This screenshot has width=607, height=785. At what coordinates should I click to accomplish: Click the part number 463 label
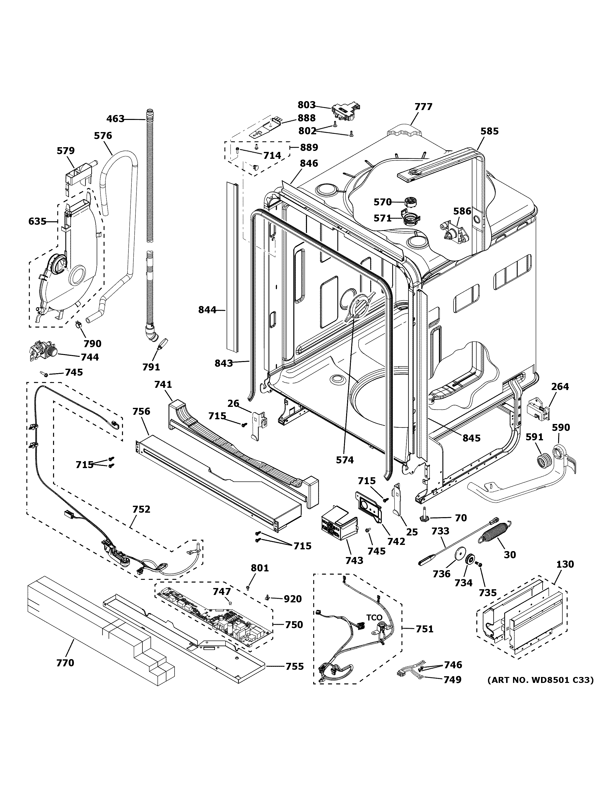pos(115,119)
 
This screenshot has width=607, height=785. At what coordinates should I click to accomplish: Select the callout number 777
pos(423,107)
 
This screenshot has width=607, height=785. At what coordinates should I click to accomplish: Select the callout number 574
pos(344,460)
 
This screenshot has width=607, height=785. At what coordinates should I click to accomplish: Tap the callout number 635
pos(37,222)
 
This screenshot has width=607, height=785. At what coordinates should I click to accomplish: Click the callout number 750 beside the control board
pos(294,625)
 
